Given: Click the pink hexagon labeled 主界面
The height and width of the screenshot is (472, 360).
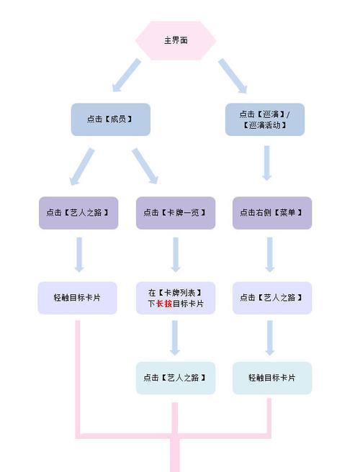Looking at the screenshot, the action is (x=176, y=40).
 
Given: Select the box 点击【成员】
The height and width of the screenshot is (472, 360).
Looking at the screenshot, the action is (x=111, y=119).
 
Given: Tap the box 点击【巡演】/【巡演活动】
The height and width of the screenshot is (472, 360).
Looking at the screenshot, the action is (x=265, y=119).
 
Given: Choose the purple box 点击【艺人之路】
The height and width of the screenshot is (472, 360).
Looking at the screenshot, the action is (x=78, y=213).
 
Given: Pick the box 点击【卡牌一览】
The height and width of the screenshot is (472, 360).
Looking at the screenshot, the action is (x=176, y=213).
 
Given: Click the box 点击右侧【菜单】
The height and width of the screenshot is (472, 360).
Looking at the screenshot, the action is (x=272, y=213).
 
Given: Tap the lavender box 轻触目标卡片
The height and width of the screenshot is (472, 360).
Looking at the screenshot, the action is (x=78, y=298).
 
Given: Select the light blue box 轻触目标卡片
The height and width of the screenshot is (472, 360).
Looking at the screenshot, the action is (x=272, y=378).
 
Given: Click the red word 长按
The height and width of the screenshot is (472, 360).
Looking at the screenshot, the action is (x=164, y=304).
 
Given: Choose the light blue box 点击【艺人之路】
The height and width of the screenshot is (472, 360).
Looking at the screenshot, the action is (x=176, y=378).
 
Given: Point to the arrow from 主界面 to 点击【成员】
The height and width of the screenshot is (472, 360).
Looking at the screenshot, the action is (x=126, y=75).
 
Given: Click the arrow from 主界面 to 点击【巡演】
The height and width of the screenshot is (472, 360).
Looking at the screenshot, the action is (x=233, y=76).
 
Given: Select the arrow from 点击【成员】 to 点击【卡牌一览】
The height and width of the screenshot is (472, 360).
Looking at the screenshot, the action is (x=145, y=166).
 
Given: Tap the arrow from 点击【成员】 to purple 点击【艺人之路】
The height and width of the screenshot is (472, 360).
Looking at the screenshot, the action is (x=81, y=166).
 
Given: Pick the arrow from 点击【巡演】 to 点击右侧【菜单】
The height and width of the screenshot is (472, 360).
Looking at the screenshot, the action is (x=266, y=163).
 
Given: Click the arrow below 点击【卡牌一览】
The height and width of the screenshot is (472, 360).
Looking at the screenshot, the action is (x=176, y=255).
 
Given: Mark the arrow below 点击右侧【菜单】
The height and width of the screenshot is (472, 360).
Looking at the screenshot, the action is (x=270, y=255).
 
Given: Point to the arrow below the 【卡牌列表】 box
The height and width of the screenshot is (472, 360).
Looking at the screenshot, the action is (x=175, y=337).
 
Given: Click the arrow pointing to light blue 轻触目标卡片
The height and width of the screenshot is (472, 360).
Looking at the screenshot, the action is (x=270, y=337).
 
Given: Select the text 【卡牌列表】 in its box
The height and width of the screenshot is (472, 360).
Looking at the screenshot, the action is (x=179, y=293).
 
